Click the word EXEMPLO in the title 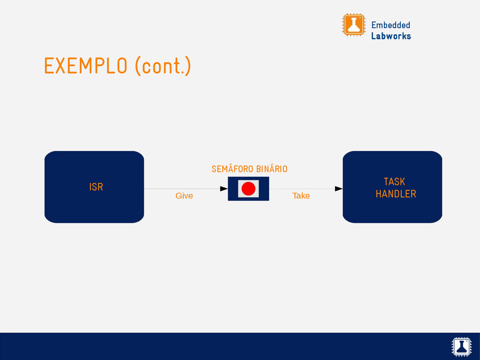click(85, 66)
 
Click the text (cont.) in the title click(163, 66)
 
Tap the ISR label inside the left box click(96, 187)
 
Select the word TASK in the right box click(394, 182)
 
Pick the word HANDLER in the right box click(396, 194)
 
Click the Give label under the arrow click(184, 195)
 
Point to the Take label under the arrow click(301, 195)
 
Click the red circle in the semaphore click(248, 189)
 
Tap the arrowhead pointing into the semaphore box click(224, 189)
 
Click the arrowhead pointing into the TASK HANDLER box click(338, 189)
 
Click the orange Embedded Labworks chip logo click(353, 25)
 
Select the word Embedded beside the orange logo click(390, 25)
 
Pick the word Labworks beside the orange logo click(391, 36)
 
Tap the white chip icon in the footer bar click(461, 346)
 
